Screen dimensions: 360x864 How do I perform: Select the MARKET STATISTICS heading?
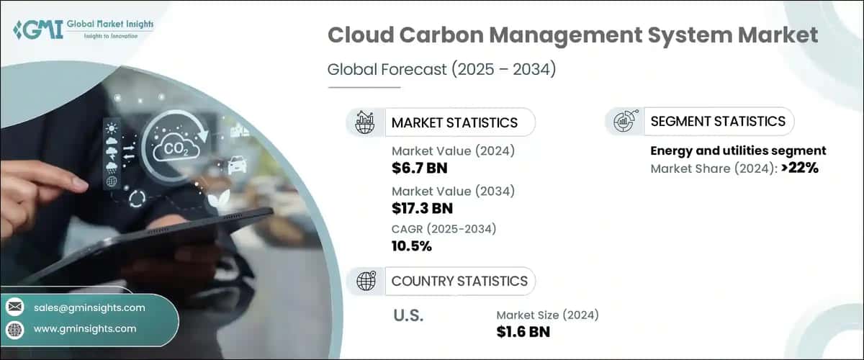454,122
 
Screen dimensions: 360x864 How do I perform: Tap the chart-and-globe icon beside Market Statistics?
365,122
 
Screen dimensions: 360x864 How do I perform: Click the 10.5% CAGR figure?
412,246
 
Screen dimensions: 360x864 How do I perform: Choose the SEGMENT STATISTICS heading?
718,121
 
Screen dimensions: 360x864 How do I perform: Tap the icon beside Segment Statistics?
624,122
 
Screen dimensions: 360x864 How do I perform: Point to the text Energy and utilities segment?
738,151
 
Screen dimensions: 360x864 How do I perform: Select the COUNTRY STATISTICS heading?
459,281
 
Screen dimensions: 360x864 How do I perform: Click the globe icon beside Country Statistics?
365,281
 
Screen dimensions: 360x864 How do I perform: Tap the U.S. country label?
408,315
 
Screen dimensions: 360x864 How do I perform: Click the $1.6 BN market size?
523,332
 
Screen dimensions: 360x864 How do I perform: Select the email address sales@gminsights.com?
89,307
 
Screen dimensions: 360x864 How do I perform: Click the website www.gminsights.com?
85,328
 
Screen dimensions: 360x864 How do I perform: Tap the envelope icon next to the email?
14,307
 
